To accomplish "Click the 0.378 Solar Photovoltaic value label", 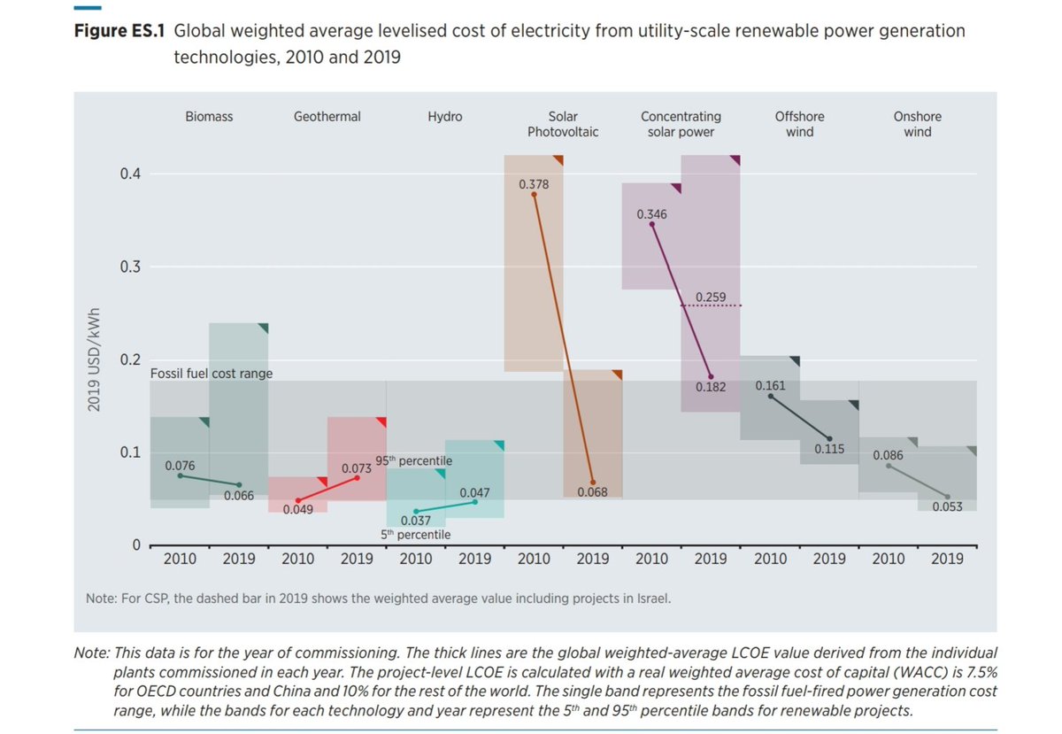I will (x=534, y=184).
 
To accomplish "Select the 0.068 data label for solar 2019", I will (x=592, y=491).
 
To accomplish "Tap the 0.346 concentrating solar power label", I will (x=651, y=214).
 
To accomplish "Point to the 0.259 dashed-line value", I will (x=711, y=296).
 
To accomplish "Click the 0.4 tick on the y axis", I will (x=131, y=174).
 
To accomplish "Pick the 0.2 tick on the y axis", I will (x=131, y=359).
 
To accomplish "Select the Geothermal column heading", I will (x=327, y=116).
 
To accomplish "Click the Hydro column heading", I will (x=444, y=116).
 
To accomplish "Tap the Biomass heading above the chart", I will (x=209, y=116).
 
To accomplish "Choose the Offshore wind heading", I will (x=799, y=124).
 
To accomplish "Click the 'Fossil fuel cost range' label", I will (x=212, y=374).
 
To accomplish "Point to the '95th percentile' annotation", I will (x=413, y=461).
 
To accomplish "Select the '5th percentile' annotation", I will (x=415, y=535).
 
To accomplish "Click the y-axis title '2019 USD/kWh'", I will (x=92, y=359).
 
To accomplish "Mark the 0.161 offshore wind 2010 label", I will (x=770, y=387).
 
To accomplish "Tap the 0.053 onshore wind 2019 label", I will (x=947, y=506).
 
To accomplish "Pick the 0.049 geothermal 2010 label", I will (x=297, y=509).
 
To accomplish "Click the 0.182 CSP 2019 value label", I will (x=711, y=387).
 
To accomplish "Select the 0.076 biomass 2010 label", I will (x=180, y=465).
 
